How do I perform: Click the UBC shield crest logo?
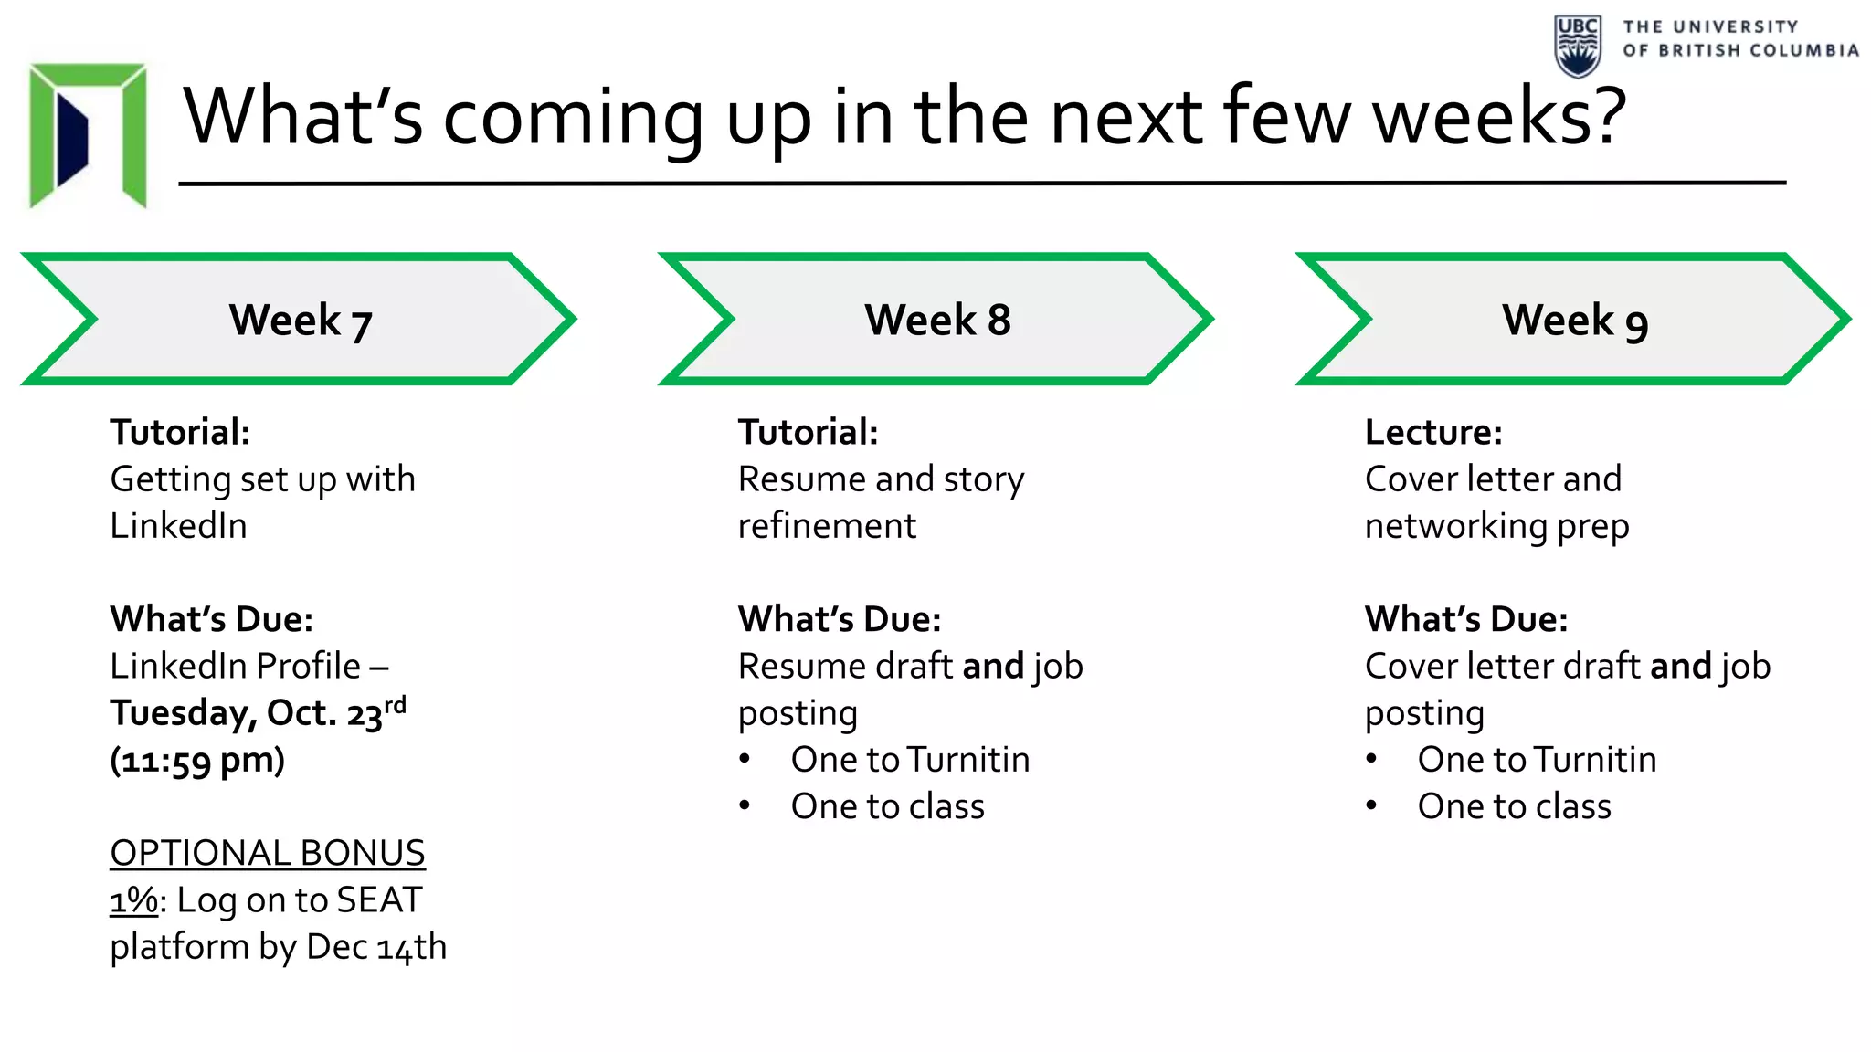[x=1577, y=46]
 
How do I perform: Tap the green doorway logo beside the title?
[x=88, y=135]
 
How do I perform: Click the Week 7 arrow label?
[x=300, y=321]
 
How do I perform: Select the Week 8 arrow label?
[x=937, y=321]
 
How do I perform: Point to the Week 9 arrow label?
[x=1574, y=321]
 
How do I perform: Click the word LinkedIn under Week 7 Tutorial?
[x=178, y=526]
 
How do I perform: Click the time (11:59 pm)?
[x=197, y=760]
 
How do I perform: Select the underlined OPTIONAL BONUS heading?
[x=267, y=853]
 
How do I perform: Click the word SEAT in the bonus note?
[x=379, y=900]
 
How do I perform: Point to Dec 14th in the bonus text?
[x=376, y=947]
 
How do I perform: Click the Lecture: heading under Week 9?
[x=1432, y=432]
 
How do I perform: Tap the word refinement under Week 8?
[x=827, y=526]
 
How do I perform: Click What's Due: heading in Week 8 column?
[x=839, y=619]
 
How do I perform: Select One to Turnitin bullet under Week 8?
[x=910, y=760]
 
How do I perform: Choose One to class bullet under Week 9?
[x=1514, y=806]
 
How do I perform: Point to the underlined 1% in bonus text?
[x=133, y=900]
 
